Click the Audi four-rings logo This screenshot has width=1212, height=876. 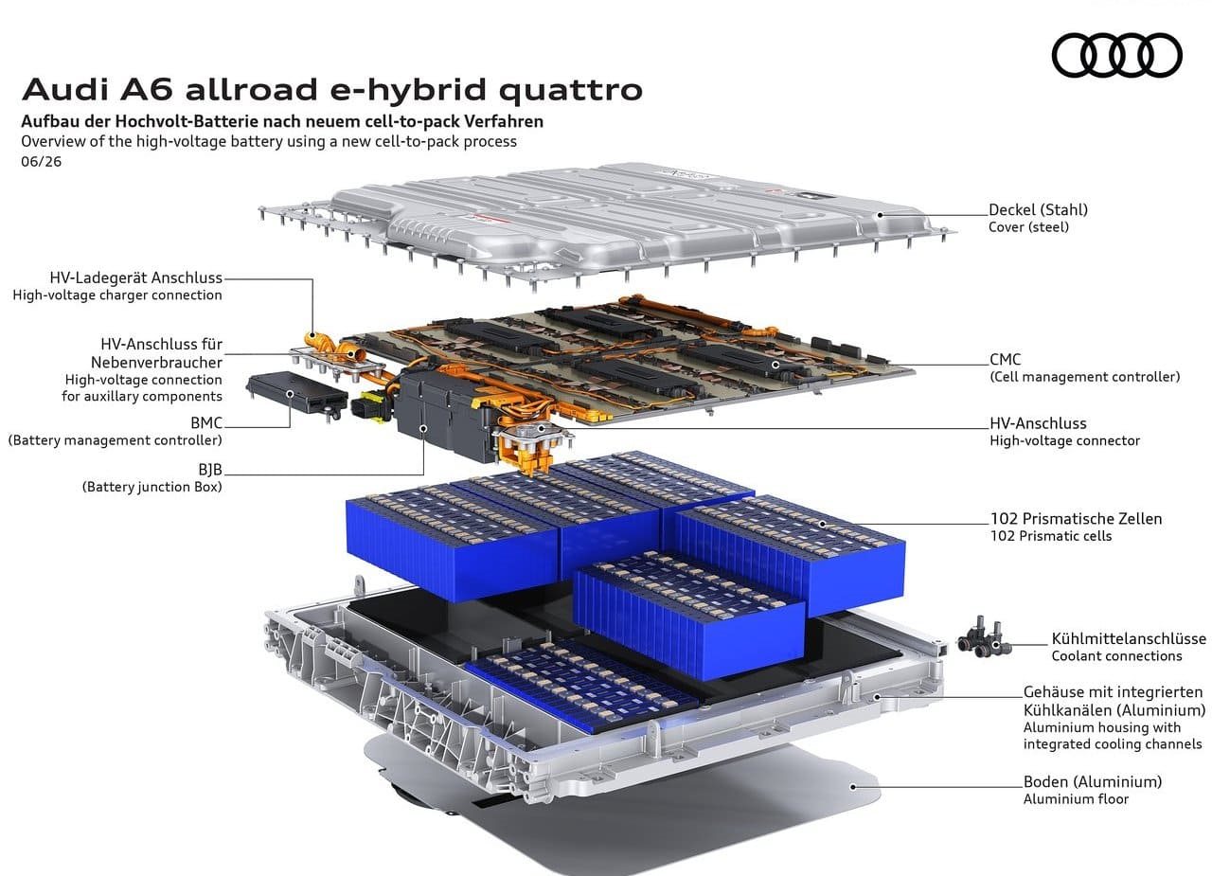point(1116,55)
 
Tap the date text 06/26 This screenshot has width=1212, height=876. point(41,162)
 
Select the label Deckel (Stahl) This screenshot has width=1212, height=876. point(1038,210)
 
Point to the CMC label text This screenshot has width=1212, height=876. point(1006,360)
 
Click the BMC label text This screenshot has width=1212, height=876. point(206,422)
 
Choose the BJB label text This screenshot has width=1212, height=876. point(210,470)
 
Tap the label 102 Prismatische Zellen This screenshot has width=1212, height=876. point(1076,519)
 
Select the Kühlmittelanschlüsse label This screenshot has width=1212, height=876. point(1129,639)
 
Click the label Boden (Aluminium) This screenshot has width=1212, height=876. point(1093,782)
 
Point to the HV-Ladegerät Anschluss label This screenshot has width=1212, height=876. point(135,278)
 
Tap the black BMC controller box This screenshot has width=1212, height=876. point(296,392)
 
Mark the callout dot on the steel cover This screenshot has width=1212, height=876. point(881,215)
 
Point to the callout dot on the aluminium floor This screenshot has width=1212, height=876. point(853,787)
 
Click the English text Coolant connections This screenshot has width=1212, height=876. point(1116,656)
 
